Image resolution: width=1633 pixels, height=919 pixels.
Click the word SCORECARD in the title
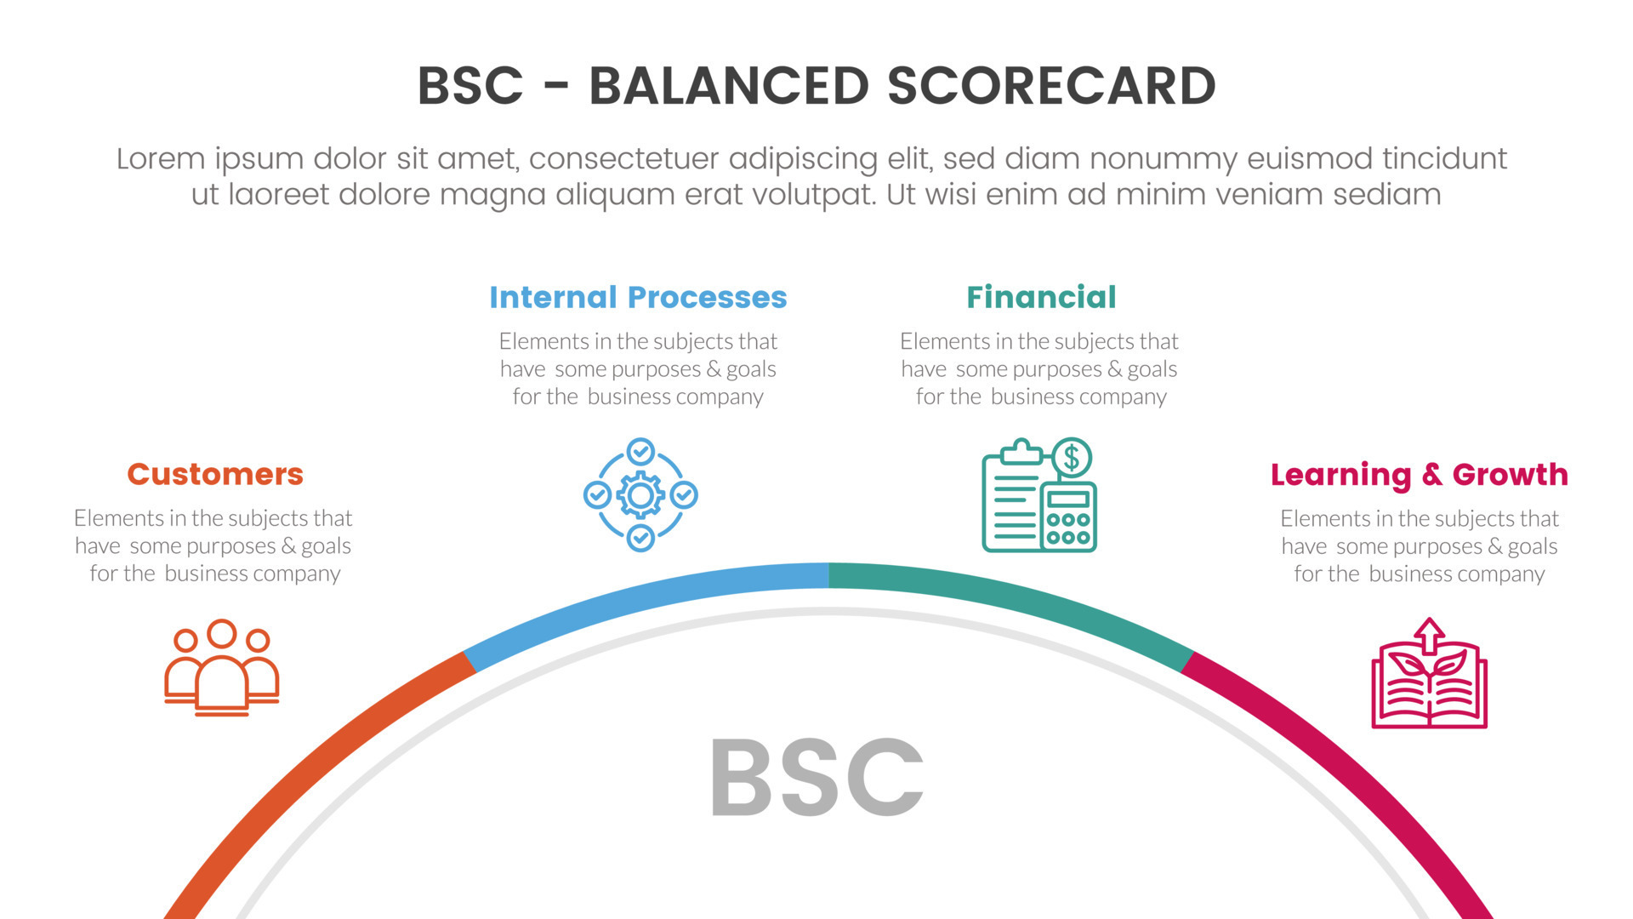click(x=1051, y=86)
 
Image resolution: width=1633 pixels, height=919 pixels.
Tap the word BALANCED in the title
click(x=729, y=86)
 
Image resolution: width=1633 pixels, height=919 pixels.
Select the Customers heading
click(x=215, y=474)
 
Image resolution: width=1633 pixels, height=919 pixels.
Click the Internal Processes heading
click(x=638, y=297)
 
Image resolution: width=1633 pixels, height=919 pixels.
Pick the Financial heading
click(x=1041, y=297)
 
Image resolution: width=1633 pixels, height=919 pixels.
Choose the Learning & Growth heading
click(x=1420, y=475)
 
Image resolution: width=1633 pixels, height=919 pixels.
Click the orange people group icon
click(x=222, y=668)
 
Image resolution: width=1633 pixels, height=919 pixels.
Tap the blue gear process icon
click(x=640, y=494)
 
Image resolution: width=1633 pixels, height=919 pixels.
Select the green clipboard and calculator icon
click(x=1039, y=495)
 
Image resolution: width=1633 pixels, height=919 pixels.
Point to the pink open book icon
click(x=1430, y=673)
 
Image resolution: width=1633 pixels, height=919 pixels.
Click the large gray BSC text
click(x=816, y=777)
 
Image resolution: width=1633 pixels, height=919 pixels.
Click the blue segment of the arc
click(x=642, y=600)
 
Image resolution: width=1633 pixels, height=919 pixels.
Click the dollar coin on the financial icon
click(x=1072, y=458)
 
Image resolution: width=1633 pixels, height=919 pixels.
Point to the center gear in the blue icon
click(x=640, y=495)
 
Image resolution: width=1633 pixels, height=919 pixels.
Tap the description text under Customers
click(x=213, y=546)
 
